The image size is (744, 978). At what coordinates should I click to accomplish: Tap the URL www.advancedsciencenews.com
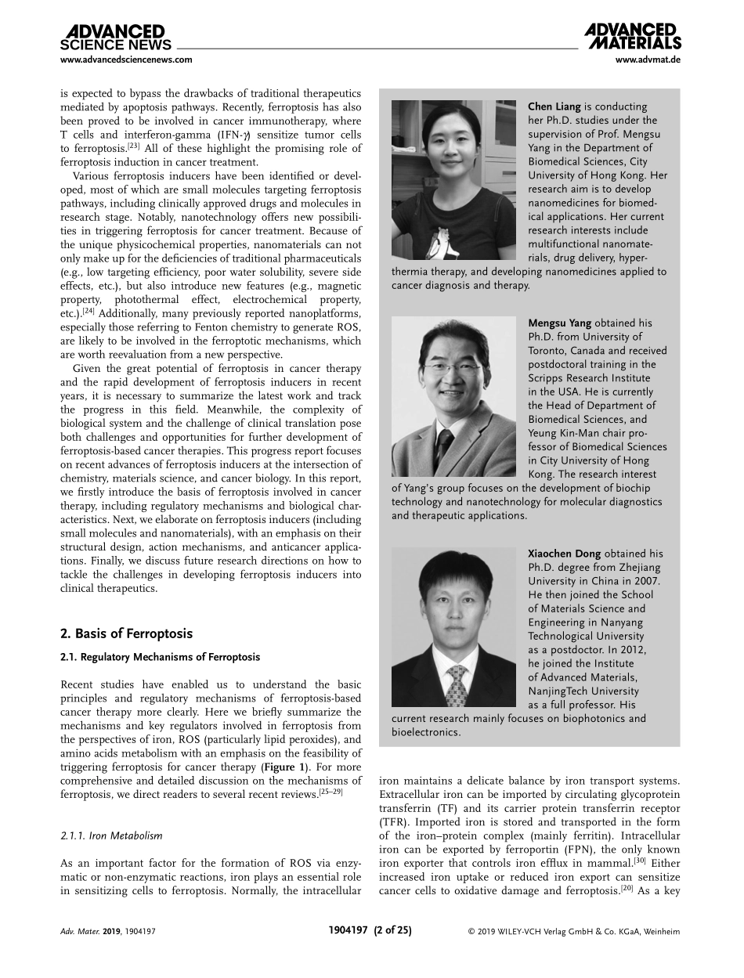click(126, 60)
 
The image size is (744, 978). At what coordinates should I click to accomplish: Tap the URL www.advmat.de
click(648, 60)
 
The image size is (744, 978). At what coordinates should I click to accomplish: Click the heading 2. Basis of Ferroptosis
click(126, 633)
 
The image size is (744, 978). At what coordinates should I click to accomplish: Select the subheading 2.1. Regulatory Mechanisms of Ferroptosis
click(161, 657)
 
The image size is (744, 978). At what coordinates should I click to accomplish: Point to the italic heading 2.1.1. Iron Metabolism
click(111, 836)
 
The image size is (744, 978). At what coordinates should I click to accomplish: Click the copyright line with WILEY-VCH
click(573, 931)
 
